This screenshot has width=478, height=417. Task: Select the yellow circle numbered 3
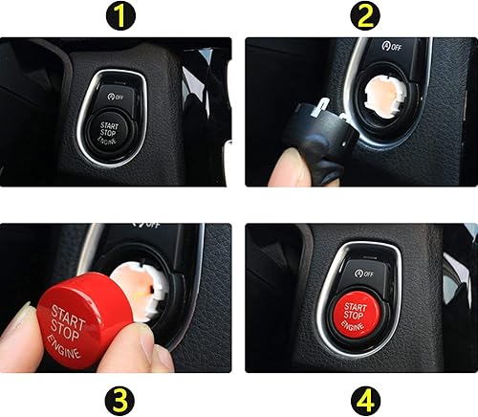point(119,395)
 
